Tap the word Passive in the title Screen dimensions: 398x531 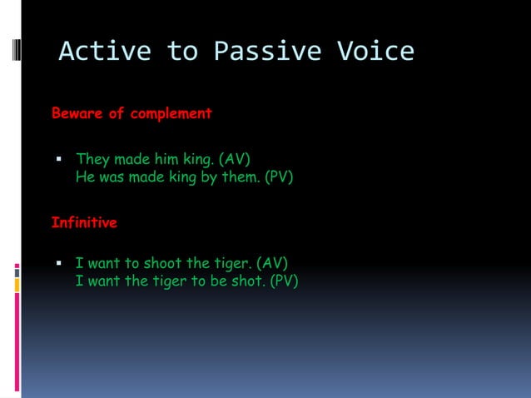pyautogui.click(x=267, y=52)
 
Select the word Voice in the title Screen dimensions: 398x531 pyautogui.click(x=375, y=52)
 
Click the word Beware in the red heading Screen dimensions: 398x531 pyautogui.click(x=77, y=113)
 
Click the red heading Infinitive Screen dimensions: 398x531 pyautogui.click(x=84, y=223)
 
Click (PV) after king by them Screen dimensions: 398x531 pyautogui.click(x=279, y=177)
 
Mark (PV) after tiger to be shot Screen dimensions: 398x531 pyautogui.click(x=284, y=281)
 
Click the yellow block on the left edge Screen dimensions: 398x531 pyautogui.click(x=17, y=285)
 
